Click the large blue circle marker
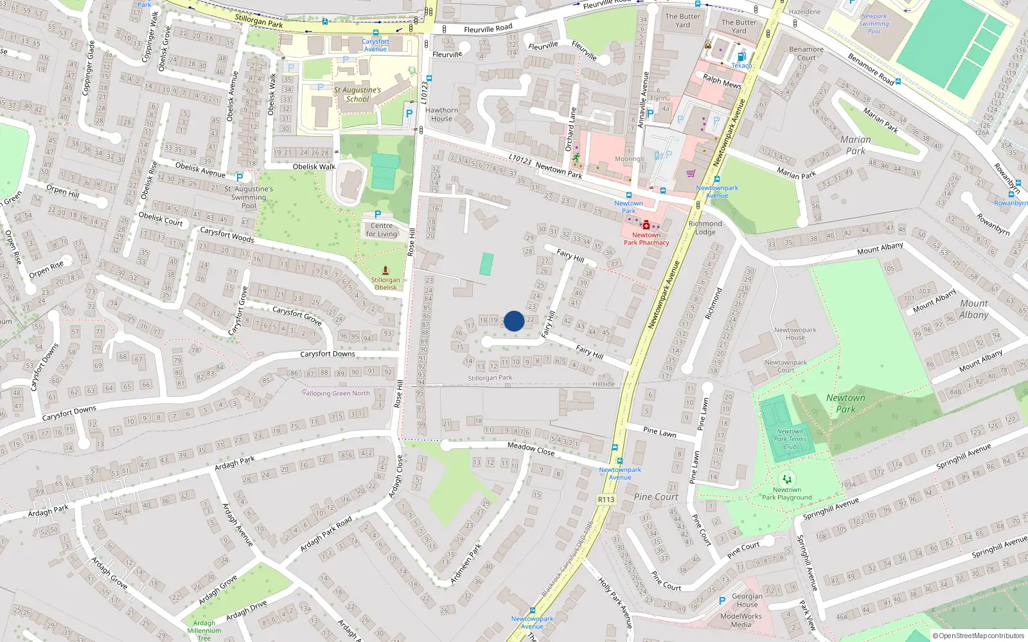point(514,321)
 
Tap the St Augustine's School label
point(357,94)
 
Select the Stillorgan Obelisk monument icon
point(385,270)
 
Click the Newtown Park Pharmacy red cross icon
point(646,225)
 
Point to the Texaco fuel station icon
point(741,56)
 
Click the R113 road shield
point(606,499)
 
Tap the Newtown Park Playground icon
point(787,479)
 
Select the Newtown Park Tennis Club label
point(790,439)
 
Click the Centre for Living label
point(382,230)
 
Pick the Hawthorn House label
point(441,114)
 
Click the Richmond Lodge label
point(705,228)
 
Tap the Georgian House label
point(747,600)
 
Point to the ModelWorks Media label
point(741,620)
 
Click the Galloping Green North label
point(336,393)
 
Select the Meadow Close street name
point(531,449)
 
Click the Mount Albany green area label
point(974,309)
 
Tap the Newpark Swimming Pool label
point(874,24)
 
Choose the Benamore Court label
point(806,53)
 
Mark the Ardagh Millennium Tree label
point(204,630)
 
